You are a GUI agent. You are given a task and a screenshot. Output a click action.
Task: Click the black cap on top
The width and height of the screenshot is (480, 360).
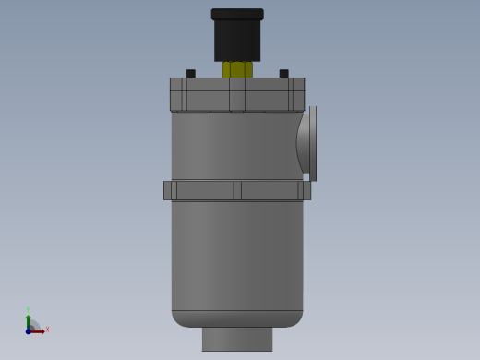point(237,40)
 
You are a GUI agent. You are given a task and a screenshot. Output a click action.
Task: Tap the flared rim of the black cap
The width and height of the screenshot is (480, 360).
point(237,15)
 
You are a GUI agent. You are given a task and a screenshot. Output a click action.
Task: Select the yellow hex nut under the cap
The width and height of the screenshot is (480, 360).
point(237,69)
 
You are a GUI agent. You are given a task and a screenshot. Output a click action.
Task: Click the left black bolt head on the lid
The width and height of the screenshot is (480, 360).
point(191,74)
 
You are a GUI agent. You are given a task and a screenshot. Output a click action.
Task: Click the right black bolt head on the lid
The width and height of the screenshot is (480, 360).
point(283,74)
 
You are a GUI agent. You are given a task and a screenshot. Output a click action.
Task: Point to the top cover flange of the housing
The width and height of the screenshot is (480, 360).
point(237,94)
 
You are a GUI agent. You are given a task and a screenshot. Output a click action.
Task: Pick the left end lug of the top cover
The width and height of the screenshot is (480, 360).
point(177,94)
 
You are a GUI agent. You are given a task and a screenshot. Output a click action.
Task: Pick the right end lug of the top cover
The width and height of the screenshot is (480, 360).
point(297,94)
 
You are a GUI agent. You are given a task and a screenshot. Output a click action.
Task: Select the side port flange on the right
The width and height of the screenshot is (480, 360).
point(312,143)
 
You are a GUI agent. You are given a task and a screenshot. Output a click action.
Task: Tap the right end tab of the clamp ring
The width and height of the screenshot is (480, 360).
point(306,190)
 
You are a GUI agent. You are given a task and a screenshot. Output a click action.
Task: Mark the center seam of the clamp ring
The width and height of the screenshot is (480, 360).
point(237,190)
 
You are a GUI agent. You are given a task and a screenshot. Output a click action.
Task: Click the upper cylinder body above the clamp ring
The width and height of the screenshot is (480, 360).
point(231,146)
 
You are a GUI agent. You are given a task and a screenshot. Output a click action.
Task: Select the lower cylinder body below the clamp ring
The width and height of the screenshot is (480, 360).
point(237,254)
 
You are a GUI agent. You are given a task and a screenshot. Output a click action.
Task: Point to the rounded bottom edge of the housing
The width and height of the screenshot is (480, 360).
point(237,318)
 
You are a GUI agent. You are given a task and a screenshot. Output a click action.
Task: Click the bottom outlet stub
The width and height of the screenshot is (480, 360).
point(237,339)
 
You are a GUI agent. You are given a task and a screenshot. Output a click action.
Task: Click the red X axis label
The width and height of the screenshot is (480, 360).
point(47,330)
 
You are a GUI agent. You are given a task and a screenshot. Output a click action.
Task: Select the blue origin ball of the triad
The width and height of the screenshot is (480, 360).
point(29,330)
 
